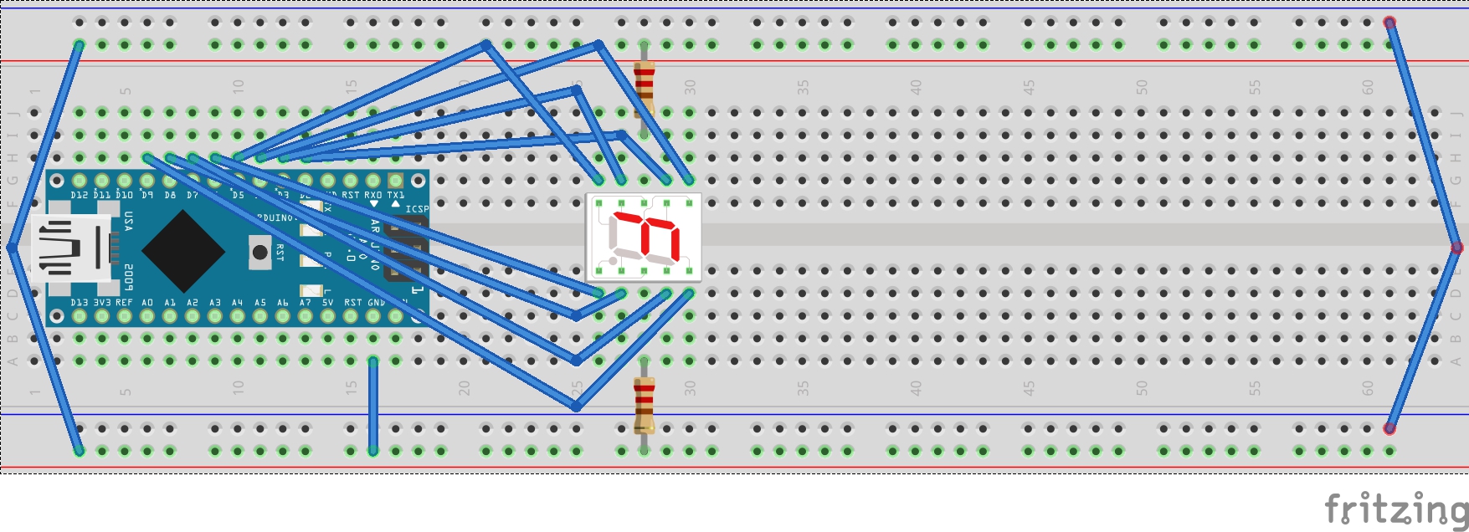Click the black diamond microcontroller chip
[x=183, y=249]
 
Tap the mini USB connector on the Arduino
[x=71, y=248]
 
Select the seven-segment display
[x=644, y=238]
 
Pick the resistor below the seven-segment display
[x=644, y=404]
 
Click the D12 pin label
[x=80, y=195]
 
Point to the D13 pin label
[x=80, y=303]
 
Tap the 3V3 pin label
[x=102, y=303]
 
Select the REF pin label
[x=124, y=303]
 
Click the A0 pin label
[x=147, y=303]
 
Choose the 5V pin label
[x=327, y=303]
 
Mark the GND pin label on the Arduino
[x=377, y=303]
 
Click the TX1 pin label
[x=395, y=195]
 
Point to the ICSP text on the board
[x=417, y=209]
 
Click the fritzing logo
[x=1395, y=509]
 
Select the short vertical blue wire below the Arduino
[x=373, y=406]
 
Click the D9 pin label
[x=147, y=195]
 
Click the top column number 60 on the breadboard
[x=1367, y=87]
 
